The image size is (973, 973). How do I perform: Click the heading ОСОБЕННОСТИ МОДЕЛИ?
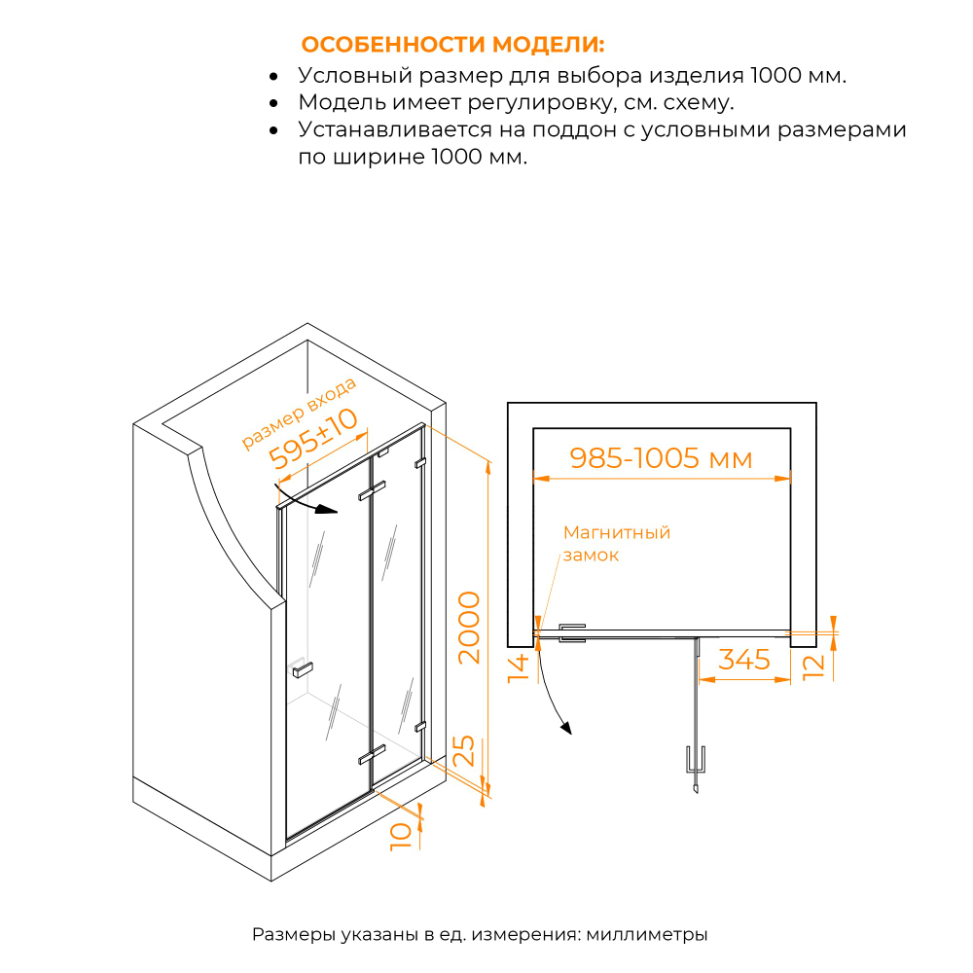point(452,46)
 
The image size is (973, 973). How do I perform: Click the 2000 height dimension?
point(469,627)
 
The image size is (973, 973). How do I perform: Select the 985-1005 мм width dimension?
point(661,458)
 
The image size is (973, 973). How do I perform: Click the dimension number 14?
point(519,668)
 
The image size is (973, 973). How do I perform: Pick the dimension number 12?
point(815,664)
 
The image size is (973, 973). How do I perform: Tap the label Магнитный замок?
point(616,544)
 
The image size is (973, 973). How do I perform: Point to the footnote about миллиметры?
point(480,935)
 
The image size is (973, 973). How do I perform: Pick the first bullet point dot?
point(275,76)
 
